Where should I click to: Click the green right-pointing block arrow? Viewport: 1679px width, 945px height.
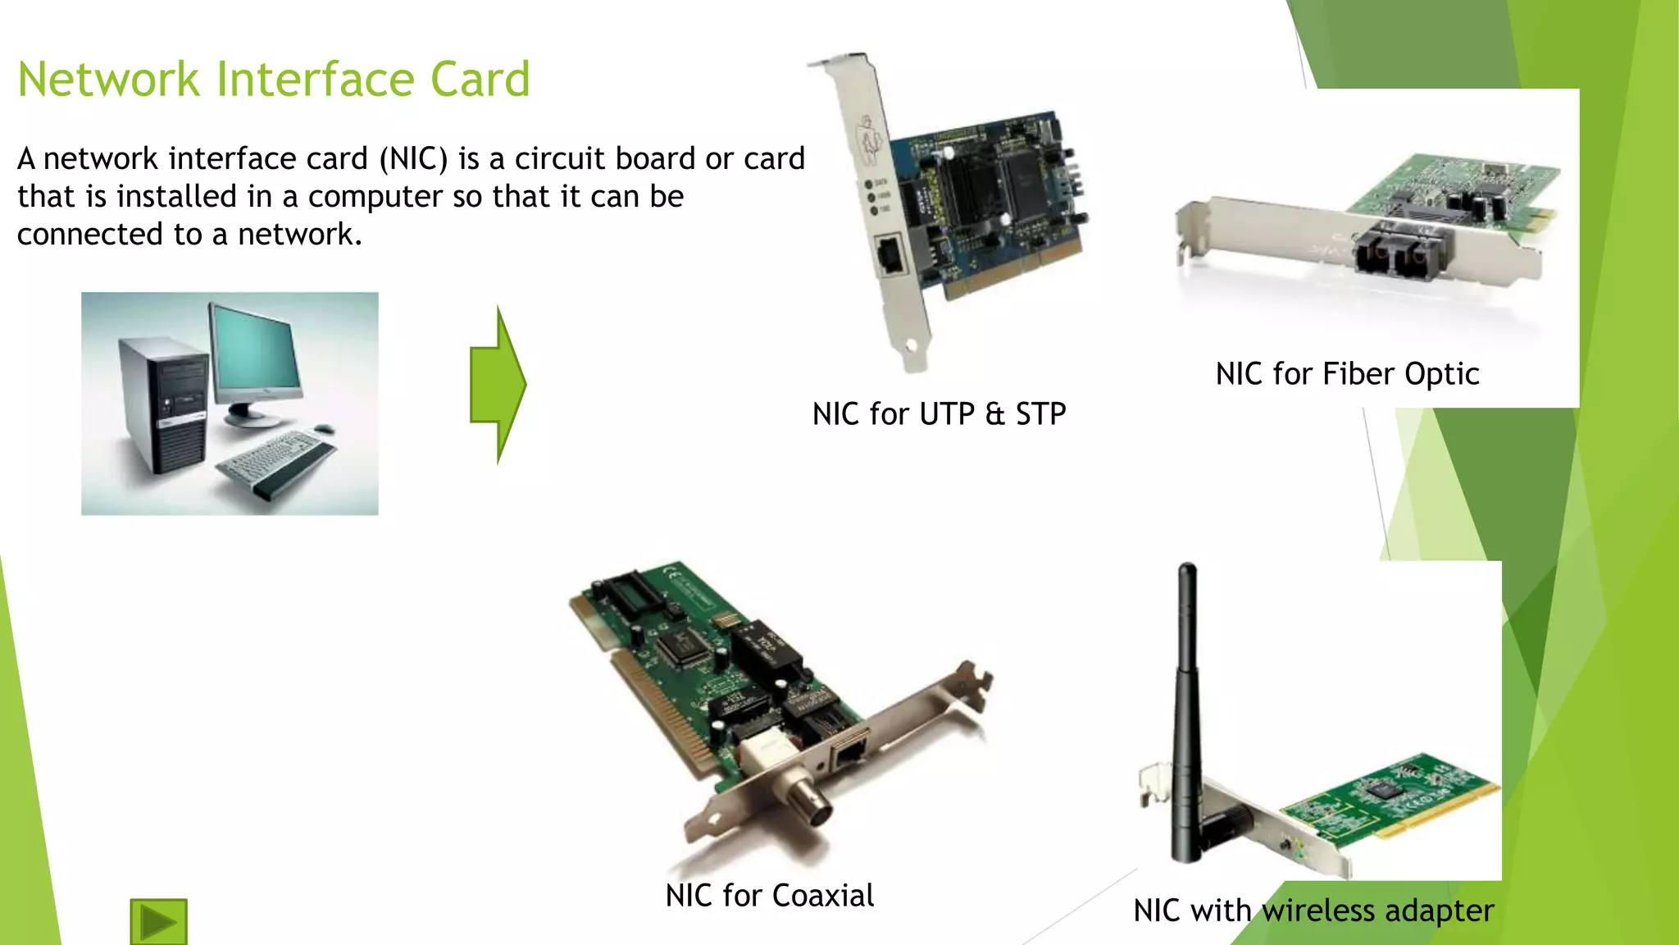click(x=498, y=384)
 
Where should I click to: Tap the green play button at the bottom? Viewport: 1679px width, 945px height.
click(x=158, y=922)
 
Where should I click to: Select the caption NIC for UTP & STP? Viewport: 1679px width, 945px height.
click(x=939, y=414)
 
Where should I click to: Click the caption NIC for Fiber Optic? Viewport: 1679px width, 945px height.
click(x=1347, y=374)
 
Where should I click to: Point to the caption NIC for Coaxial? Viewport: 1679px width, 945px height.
click(x=769, y=896)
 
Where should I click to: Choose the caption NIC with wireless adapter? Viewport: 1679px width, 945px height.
click(x=1313, y=911)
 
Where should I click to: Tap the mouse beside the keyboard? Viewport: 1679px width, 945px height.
click(x=324, y=428)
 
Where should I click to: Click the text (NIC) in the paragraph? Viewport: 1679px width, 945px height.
click(x=413, y=159)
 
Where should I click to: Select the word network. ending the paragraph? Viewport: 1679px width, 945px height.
click(x=299, y=235)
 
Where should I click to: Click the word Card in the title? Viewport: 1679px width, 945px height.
click(x=480, y=80)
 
